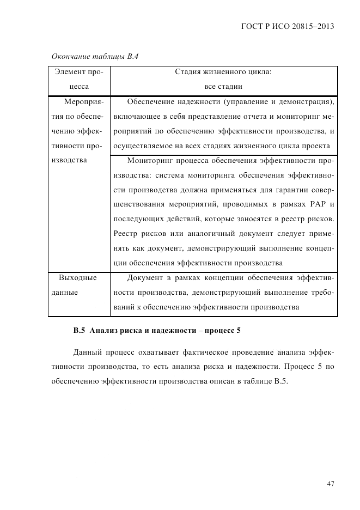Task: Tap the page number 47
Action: pos(330,483)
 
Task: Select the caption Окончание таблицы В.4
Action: pos(95,56)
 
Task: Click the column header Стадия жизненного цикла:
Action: pos(223,71)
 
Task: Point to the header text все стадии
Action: pos(223,86)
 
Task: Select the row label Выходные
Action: pos(78,278)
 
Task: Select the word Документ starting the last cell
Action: pos(144,278)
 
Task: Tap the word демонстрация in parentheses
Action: pos(306,101)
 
